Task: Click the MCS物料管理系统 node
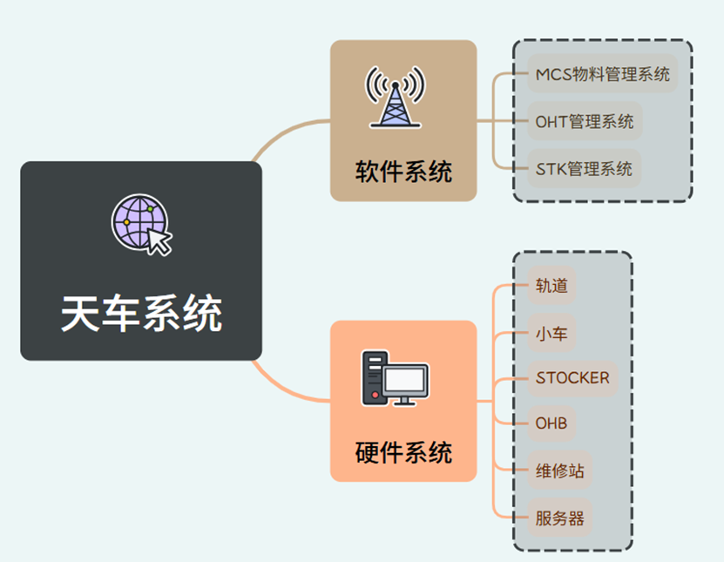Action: [602, 73]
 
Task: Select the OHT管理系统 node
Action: [585, 121]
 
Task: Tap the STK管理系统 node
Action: [584, 168]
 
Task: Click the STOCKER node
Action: [572, 378]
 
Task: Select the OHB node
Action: [551, 424]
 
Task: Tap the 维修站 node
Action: [559, 471]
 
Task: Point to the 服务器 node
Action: [559, 518]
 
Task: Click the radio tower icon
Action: [396, 97]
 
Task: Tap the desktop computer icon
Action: [396, 377]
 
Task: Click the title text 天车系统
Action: [141, 313]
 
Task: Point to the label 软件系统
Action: [403, 171]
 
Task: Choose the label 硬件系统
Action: [403, 452]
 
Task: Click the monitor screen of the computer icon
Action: [407, 381]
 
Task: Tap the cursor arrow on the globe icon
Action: [159, 240]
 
